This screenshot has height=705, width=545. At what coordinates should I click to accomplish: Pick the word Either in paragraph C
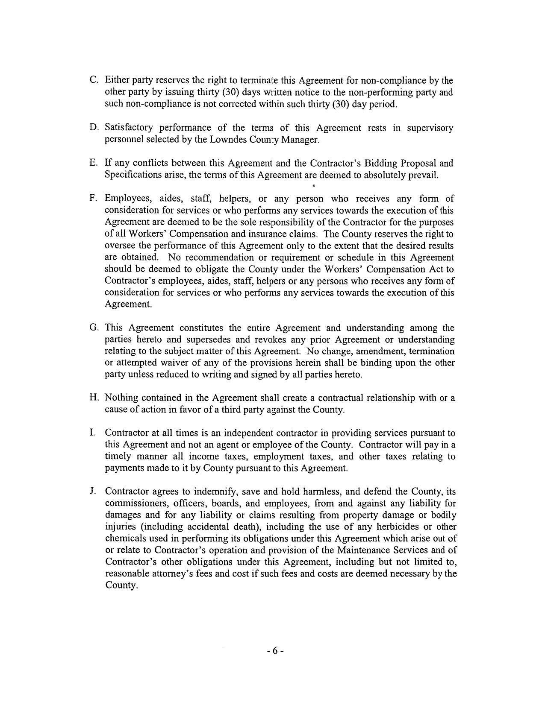(x=117, y=81)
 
